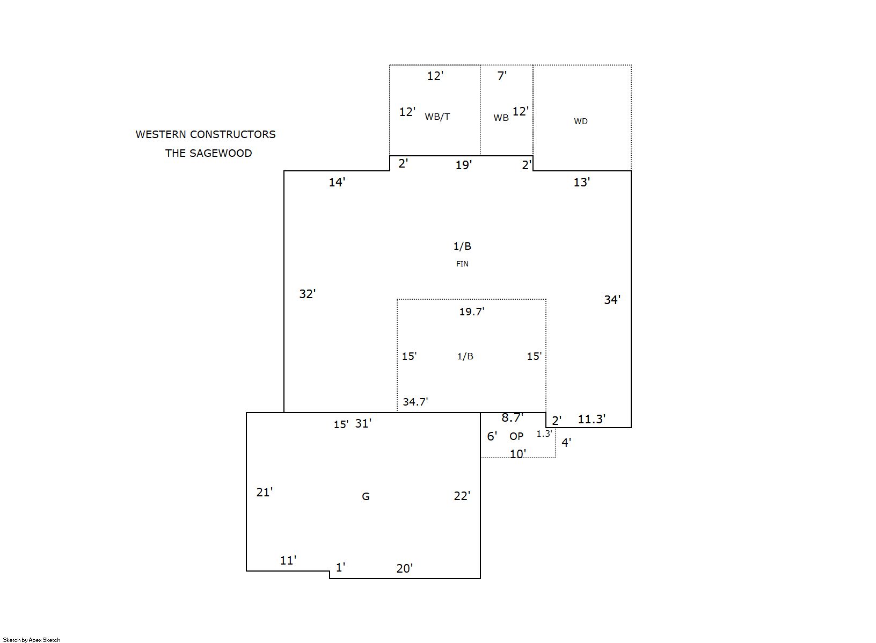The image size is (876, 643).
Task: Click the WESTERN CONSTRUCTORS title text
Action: click(x=205, y=135)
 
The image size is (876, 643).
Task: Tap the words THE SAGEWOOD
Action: click(x=208, y=154)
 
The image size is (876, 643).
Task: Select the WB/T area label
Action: click(x=437, y=117)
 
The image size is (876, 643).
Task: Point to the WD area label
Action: click(x=581, y=121)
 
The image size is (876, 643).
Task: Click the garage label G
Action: click(x=366, y=497)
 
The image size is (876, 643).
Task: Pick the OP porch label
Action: click(x=516, y=436)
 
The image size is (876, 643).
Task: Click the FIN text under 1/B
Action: click(x=462, y=264)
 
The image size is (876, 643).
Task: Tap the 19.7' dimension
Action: click(x=472, y=312)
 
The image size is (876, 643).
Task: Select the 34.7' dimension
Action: click(x=415, y=402)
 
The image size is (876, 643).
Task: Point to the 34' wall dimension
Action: click(x=612, y=300)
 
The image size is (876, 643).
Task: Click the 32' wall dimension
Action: click(x=308, y=294)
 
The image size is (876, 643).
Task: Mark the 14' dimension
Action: click(x=337, y=183)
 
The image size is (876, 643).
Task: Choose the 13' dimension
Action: click(x=581, y=183)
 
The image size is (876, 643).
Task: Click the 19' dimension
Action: click(x=463, y=165)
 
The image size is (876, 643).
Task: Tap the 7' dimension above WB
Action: click(x=502, y=76)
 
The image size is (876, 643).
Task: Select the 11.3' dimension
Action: click(x=592, y=420)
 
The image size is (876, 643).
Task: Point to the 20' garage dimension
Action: click(x=404, y=569)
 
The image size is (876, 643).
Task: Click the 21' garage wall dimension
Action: click(x=265, y=493)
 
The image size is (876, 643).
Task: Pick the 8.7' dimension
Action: click(x=512, y=418)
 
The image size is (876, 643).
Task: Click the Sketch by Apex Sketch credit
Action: click(x=32, y=640)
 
